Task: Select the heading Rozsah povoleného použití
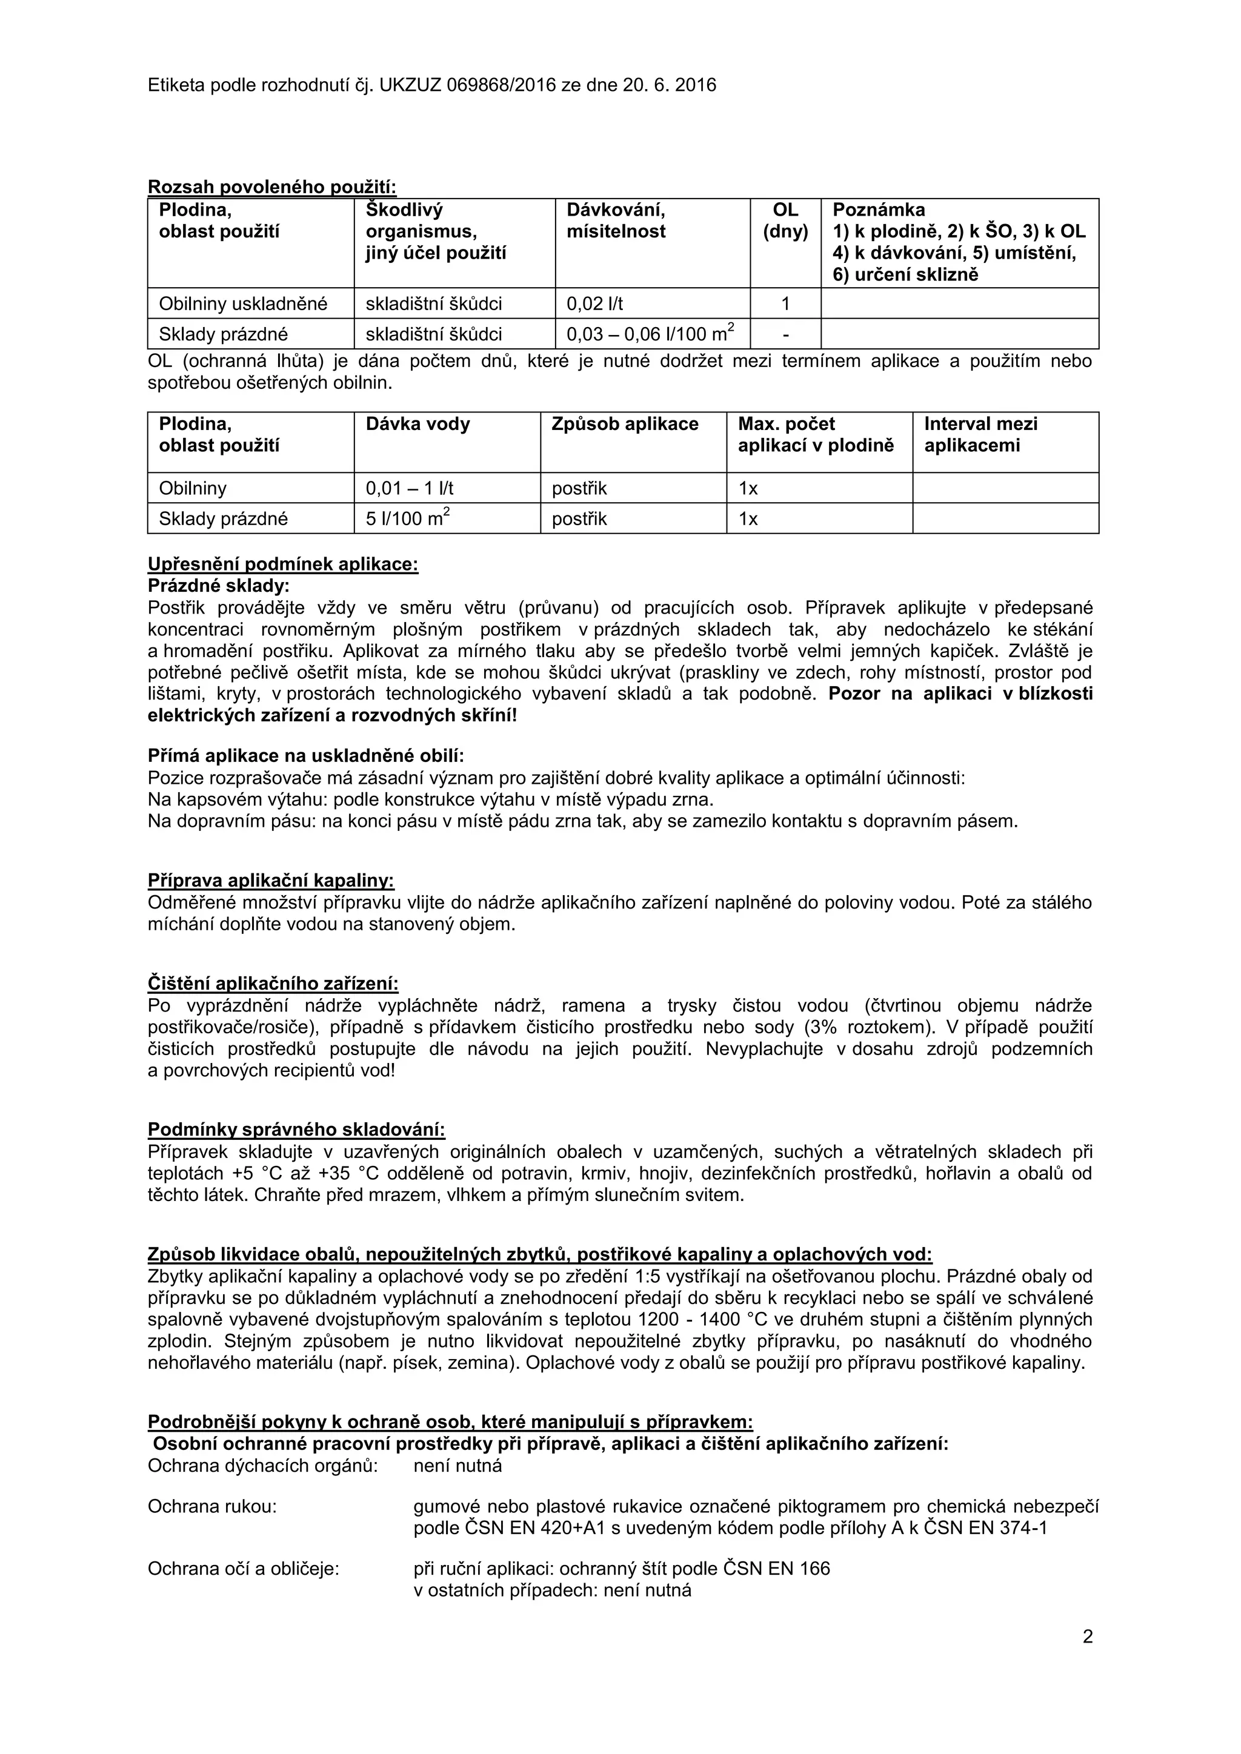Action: pos(271,187)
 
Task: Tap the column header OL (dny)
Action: pos(785,221)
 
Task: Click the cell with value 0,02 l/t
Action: pos(594,304)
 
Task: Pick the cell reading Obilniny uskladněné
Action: pos(243,304)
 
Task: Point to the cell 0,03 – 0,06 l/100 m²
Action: pos(650,334)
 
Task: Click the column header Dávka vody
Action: pos(418,425)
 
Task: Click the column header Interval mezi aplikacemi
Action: pos(980,435)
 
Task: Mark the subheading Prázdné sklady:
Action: pos(219,586)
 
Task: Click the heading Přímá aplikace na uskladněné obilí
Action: pos(305,756)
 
